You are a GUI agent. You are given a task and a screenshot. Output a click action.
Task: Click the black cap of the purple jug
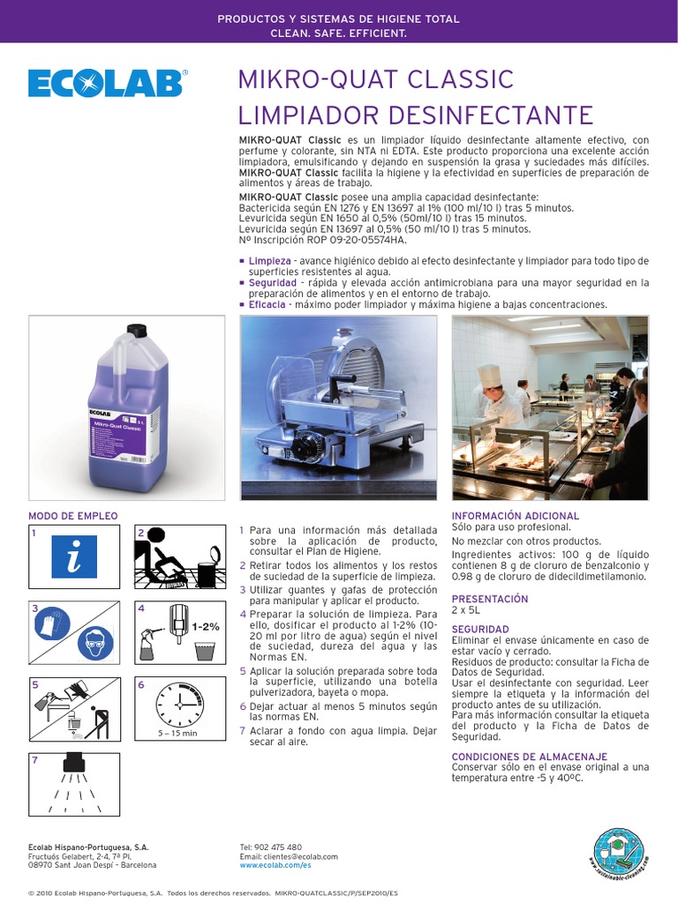(x=135, y=331)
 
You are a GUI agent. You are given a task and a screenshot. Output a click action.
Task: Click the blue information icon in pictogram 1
(x=74, y=556)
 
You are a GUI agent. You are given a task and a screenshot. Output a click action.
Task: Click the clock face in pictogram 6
(x=180, y=703)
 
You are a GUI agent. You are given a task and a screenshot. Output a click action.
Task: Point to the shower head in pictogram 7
(x=74, y=760)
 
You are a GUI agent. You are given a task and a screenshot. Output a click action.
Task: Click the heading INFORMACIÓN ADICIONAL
(x=516, y=516)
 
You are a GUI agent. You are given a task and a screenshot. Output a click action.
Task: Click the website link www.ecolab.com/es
(x=275, y=866)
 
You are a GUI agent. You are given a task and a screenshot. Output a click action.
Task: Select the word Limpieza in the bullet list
(x=269, y=261)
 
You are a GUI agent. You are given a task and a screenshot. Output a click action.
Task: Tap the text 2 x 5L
(x=465, y=609)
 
